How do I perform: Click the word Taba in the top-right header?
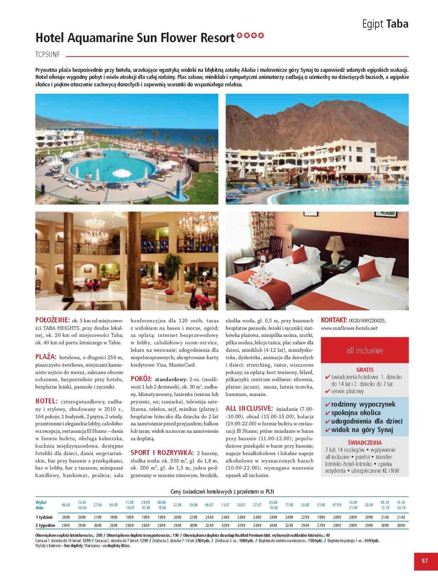(x=397, y=24)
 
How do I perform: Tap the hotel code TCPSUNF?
(x=47, y=55)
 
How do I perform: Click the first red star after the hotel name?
(x=239, y=36)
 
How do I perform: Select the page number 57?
(x=425, y=561)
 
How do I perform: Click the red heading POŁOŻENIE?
(x=52, y=320)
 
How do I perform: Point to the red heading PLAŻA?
(x=46, y=357)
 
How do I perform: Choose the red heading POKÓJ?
(x=141, y=379)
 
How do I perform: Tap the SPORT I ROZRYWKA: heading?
(x=162, y=453)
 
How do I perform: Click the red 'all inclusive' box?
(x=364, y=350)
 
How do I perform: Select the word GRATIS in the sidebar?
(x=365, y=370)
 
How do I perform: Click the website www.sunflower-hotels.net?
(x=349, y=328)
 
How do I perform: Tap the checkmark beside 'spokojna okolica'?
(x=327, y=413)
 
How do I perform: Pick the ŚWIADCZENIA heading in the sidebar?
(x=364, y=443)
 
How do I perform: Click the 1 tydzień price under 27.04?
(x=98, y=517)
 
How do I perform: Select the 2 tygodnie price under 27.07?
(x=257, y=525)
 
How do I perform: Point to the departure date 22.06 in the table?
(x=177, y=505)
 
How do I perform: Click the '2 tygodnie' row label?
(x=45, y=525)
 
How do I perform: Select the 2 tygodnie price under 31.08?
(x=321, y=525)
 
